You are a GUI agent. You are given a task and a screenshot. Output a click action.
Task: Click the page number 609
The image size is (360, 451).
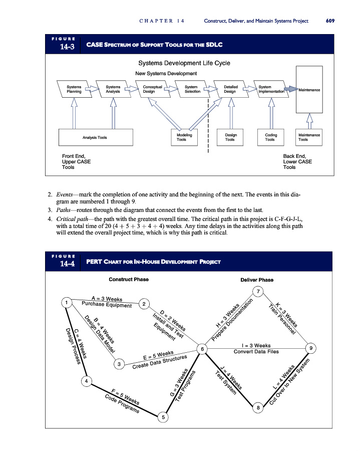point(329,21)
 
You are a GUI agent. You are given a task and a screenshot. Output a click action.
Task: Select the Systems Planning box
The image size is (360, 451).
point(74,89)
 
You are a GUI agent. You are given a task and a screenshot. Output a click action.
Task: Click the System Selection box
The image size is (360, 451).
point(192,89)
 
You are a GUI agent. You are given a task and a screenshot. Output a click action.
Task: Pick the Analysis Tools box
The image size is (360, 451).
point(95,137)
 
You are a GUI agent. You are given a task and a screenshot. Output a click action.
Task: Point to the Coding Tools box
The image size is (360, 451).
point(269,137)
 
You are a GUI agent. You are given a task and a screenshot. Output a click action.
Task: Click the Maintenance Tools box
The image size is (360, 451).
point(309,137)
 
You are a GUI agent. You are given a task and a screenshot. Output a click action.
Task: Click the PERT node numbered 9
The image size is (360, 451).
point(311,348)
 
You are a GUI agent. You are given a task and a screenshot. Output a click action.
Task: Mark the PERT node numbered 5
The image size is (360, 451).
point(163,416)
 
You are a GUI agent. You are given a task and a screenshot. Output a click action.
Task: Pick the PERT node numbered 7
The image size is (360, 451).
point(258,291)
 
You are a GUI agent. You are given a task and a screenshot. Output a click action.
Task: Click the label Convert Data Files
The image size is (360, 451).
point(256,352)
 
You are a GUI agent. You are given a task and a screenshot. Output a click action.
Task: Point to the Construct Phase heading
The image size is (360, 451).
point(128,279)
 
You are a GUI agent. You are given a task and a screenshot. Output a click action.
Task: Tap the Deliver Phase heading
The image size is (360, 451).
point(257,279)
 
